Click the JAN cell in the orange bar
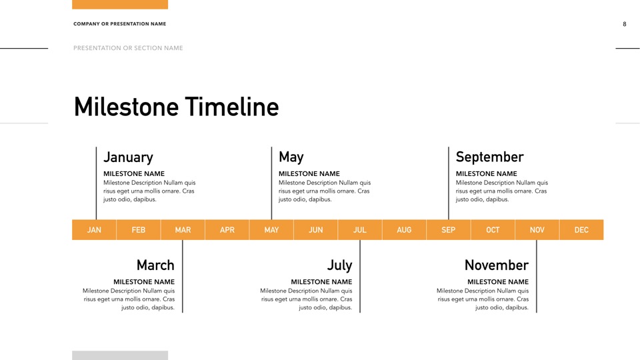pos(94,230)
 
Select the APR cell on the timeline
pos(227,230)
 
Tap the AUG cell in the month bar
pos(404,230)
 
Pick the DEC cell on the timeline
pos(581,230)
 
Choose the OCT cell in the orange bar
pos(493,230)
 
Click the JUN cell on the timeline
pos(315,230)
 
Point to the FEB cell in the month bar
pos(139,230)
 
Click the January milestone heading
pos(128,157)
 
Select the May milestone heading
pos(291,157)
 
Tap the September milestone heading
pos(489,157)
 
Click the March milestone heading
pos(155,265)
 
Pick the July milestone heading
pos(339,265)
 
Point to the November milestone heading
pos(496,265)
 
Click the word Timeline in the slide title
pos(232,107)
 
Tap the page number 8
pos(625,24)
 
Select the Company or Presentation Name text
pos(119,24)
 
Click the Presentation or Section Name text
pos(128,48)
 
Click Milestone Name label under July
pos(321,281)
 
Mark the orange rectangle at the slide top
pos(120,5)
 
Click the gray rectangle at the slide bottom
pos(120,355)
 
